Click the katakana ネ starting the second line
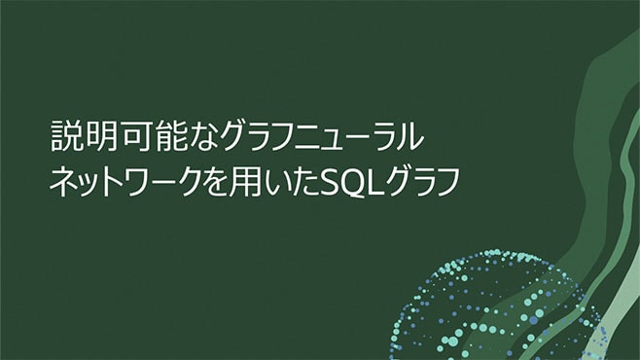(63, 181)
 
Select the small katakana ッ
(90, 184)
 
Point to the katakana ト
(117, 181)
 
